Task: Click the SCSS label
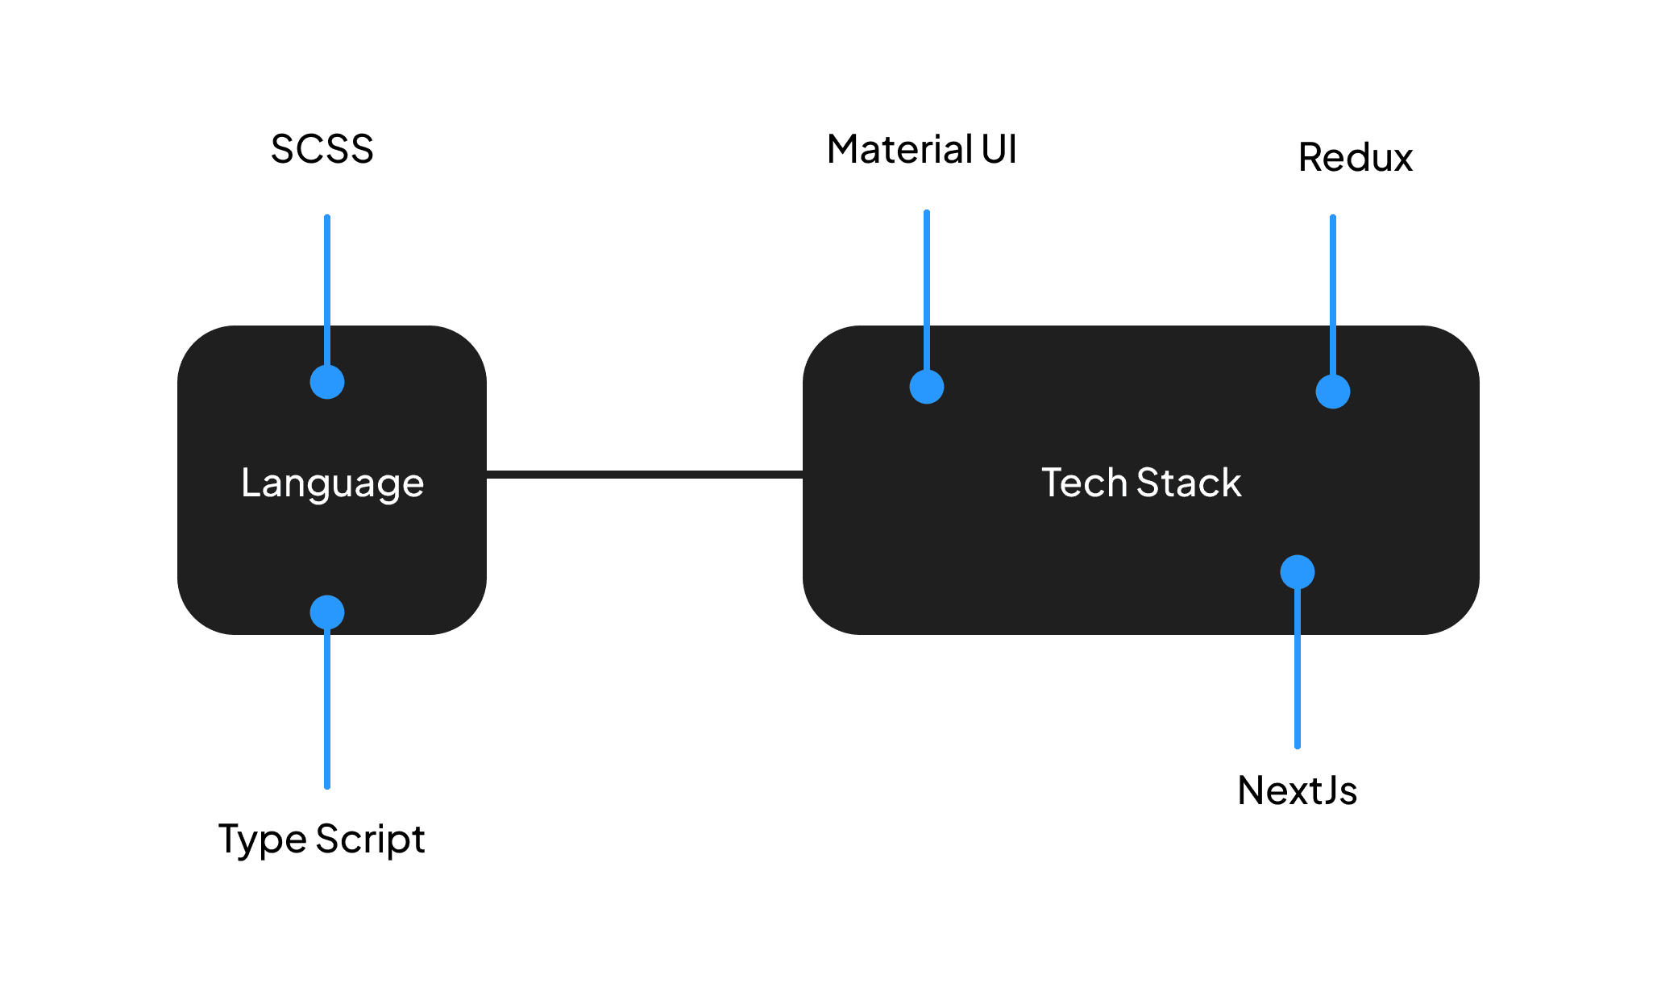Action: click(322, 149)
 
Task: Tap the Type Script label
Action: click(321, 840)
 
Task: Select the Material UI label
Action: click(921, 150)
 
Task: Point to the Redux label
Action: click(1356, 157)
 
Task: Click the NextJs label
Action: click(1297, 790)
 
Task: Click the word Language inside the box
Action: click(332, 483)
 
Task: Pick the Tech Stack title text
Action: click(1141, 483)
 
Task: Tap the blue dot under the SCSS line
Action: click(327, 382)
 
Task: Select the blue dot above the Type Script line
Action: click(327, 612)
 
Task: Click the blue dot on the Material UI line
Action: click(927, 387)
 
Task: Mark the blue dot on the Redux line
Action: click(1333, 392)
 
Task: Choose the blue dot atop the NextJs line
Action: click(1298, 572)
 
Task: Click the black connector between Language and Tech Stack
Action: click(645, 475)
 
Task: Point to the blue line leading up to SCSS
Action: click(327, 290)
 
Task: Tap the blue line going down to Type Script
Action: click(327, 709)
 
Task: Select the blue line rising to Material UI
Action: click(927, 290)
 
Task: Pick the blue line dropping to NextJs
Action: click(1298, 669)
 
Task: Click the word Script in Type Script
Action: click(370, 840)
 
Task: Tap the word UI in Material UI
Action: click(999, 150)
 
